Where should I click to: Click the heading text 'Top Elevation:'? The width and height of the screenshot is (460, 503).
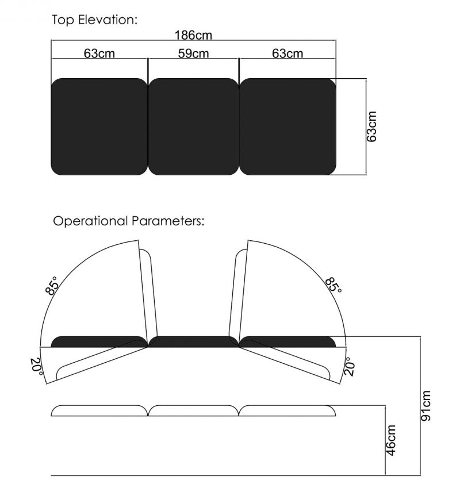95,20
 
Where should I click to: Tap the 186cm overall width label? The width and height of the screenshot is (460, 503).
193,36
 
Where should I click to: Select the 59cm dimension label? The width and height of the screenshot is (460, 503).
193,54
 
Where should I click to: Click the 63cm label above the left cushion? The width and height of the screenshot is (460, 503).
99,54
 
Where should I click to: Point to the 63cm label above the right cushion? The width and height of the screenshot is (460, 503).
287,54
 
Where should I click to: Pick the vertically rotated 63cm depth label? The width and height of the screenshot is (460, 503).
372,126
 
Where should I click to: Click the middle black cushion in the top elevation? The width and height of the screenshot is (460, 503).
193,126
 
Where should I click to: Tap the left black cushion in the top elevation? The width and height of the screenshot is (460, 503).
99,126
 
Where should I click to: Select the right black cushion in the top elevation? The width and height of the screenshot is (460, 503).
287,126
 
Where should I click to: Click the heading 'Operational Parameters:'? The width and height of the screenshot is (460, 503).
128,221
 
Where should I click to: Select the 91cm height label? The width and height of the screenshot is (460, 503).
425,405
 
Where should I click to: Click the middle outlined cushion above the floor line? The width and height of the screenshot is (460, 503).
193,410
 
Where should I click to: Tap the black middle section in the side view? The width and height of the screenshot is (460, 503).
193,342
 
